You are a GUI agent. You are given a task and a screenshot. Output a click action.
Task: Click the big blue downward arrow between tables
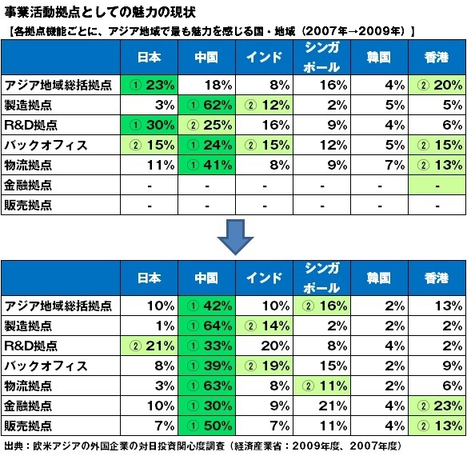235,237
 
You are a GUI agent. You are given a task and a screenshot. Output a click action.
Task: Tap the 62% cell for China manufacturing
206,105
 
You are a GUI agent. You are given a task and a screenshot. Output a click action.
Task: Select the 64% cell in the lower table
206,326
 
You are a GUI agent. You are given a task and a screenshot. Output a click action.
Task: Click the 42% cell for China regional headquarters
206,306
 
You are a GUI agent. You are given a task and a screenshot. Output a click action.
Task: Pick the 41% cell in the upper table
206,165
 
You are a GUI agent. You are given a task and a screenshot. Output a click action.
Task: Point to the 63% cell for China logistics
206,386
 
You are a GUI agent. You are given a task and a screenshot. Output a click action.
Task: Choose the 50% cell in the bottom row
206,426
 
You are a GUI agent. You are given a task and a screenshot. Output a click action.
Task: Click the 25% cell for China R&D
206,125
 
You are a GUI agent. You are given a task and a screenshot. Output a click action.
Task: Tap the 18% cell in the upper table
206,85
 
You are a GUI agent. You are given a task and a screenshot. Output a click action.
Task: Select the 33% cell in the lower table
206,346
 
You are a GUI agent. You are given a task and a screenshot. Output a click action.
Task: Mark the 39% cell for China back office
206,366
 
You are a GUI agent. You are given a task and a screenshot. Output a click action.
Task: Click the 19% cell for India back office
264,366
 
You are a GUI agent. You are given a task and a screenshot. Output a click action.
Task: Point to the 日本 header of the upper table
149,58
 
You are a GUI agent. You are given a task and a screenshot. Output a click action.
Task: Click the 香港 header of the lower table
437,278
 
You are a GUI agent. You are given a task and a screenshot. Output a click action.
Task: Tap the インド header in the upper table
264,58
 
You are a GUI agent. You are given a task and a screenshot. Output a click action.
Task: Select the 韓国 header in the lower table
378,278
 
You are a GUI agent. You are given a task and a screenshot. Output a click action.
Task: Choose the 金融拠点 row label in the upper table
28,185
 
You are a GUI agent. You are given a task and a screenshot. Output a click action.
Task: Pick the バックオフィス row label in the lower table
46,366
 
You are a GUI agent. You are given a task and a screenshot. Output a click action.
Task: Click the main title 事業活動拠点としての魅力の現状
100,13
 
